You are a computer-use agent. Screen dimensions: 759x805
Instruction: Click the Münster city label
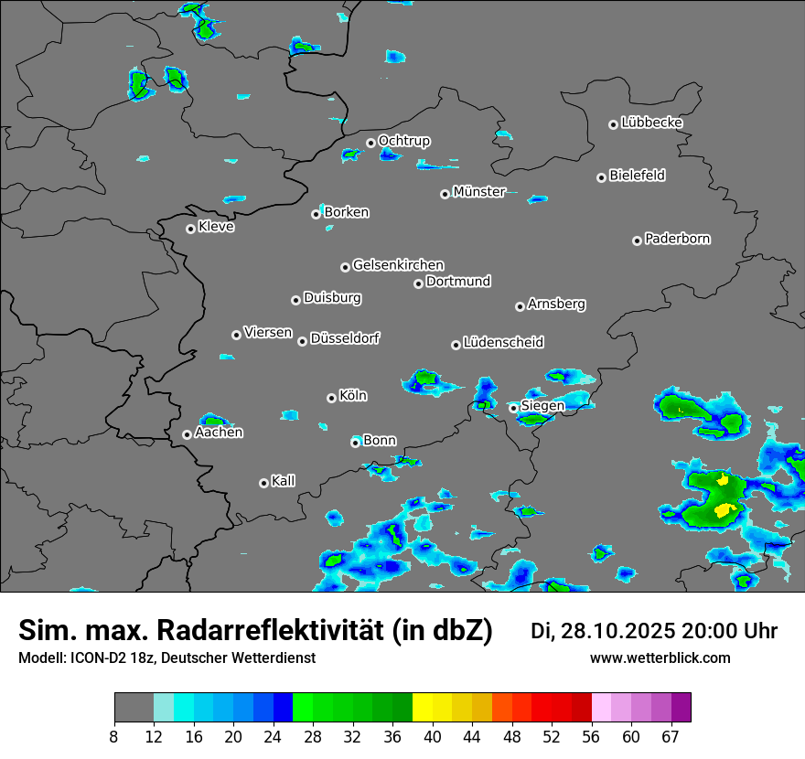479,192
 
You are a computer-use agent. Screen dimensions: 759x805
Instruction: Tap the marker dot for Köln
331,398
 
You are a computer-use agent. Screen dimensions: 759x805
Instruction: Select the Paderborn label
678,239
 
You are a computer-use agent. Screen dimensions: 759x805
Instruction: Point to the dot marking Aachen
187,434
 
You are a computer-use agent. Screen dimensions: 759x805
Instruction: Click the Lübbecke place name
651,123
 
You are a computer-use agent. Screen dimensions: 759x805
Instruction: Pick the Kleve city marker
190,229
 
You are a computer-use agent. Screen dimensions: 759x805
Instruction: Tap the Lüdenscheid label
503,343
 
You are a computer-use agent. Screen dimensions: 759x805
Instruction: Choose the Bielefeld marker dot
601,177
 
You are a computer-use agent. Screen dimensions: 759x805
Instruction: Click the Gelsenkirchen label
398,265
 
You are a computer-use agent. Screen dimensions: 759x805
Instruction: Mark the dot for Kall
263,483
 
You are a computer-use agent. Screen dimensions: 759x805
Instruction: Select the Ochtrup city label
403,141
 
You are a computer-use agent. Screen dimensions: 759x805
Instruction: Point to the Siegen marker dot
513,408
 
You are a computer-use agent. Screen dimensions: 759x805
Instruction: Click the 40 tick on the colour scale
433,737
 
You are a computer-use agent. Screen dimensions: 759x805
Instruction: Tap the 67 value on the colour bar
671,737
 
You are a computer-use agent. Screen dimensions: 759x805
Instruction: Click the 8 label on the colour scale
114,737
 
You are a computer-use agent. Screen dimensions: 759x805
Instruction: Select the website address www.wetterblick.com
660,657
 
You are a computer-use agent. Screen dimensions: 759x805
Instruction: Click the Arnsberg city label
556,304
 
